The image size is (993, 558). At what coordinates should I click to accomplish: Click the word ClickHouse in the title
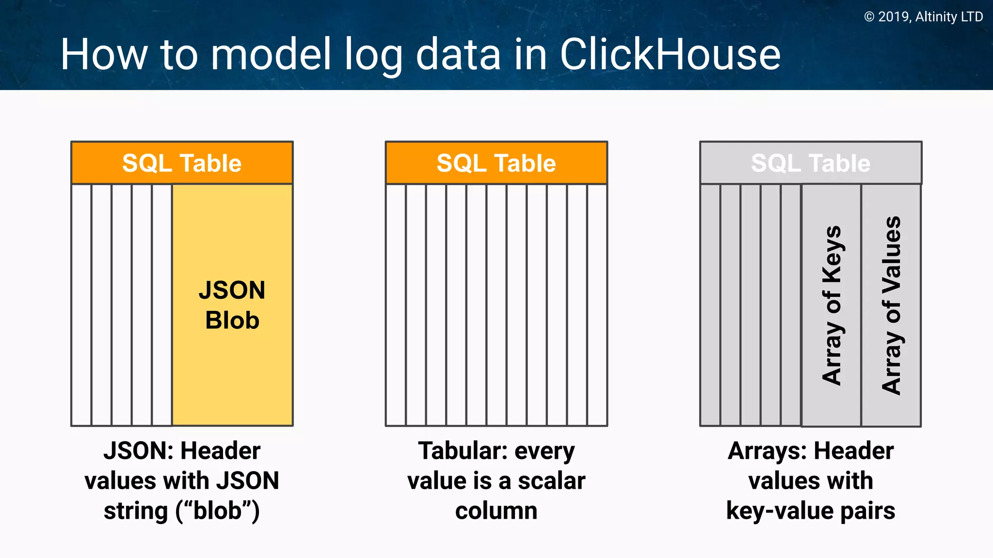pos(670,54)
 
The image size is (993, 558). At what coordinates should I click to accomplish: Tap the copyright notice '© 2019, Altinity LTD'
pos(923,17)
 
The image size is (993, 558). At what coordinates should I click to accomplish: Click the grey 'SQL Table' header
pos(810,163)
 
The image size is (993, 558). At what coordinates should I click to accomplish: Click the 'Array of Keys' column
pos(831,305)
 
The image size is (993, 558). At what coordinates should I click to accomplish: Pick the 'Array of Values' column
pos(891,305)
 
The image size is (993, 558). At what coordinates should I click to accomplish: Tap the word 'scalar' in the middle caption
pos(551,481)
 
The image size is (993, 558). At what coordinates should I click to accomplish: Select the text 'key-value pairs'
pos(810,511)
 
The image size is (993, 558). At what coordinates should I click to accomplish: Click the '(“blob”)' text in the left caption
pos(218,511)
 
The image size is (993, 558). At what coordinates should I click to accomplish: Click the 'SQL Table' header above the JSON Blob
pos(182,163)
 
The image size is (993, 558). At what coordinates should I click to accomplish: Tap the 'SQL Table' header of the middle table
pos(496,163)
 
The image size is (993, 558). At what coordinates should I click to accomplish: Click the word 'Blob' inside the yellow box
pos(232,320)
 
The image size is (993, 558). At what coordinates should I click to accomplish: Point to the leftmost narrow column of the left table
pos(81,305)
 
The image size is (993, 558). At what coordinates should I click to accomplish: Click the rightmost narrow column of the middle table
pos(597,305)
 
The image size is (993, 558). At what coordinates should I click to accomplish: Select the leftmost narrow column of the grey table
pos(710,305)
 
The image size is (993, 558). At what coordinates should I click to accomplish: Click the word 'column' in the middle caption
pos(496,511)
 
